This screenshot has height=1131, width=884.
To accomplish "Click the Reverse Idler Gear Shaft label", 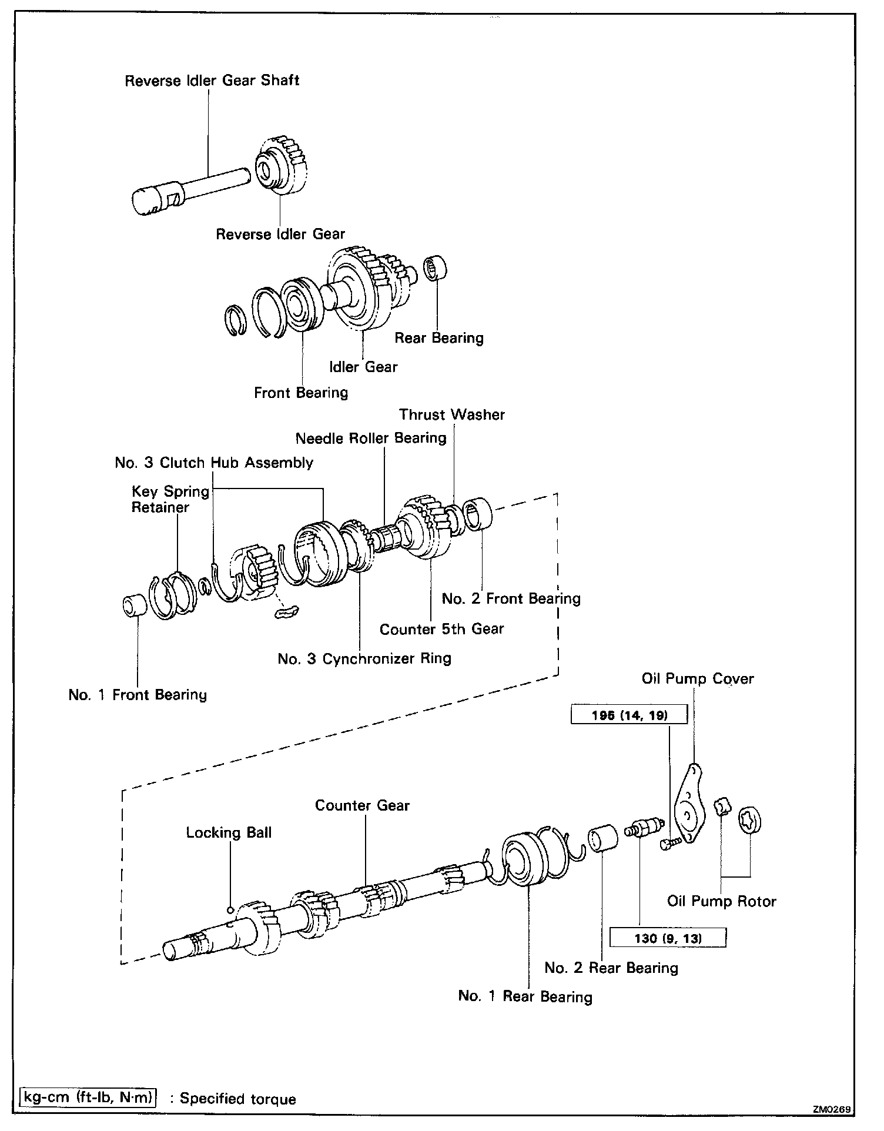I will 212,81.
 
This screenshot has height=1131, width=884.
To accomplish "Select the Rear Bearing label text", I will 438,338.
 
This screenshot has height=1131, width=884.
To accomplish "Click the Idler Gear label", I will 363,367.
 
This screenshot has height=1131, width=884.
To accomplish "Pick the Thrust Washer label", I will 451,415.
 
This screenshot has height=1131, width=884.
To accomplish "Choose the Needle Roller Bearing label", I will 370,439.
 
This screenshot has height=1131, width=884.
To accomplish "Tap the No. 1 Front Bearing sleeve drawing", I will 134,606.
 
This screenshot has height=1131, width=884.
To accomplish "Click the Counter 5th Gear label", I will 441,630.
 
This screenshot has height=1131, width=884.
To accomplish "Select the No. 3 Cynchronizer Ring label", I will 364,659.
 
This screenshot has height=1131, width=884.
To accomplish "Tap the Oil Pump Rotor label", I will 721,902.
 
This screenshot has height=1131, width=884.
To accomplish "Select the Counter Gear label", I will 362,806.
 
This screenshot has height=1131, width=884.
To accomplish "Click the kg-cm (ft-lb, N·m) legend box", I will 88,1097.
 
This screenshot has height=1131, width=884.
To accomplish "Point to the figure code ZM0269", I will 831,1109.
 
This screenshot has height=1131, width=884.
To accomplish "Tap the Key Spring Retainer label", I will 170,499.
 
